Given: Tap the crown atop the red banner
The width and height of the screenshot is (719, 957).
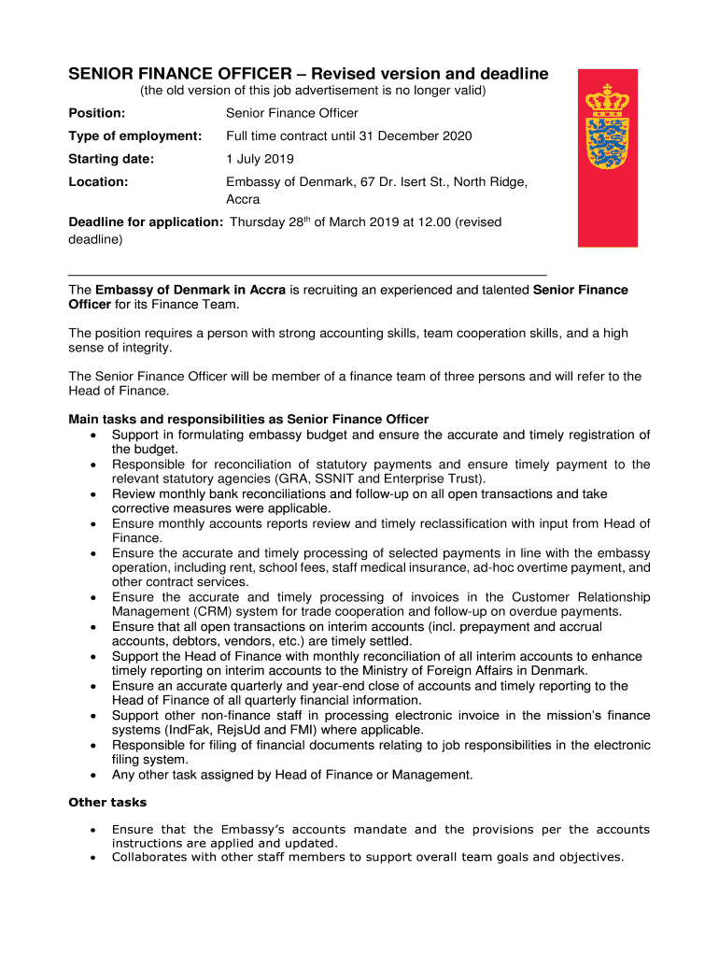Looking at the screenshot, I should coord(607,97).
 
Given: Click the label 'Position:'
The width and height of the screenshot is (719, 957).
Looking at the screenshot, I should coord(96,113).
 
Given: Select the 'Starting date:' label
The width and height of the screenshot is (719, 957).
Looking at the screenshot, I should coord(111,159).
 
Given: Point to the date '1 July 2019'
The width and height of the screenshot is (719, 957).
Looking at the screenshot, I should coord(261,159).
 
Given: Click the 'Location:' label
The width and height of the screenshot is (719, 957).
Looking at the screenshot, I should coord(98,182).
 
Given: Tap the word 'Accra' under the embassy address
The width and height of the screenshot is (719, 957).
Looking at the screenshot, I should coord(243,199).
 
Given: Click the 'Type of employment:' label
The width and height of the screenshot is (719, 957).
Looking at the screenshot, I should coord(135,136).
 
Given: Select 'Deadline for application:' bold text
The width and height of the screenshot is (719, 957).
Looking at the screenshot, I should coord(146,222).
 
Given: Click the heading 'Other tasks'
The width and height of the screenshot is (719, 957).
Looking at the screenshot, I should coord(107,803).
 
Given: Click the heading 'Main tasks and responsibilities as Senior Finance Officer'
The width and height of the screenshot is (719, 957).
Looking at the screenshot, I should coord(248,419).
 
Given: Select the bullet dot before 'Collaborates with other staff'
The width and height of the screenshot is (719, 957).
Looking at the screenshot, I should coord(91,858).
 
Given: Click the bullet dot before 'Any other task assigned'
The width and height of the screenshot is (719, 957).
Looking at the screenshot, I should coord(91,775).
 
